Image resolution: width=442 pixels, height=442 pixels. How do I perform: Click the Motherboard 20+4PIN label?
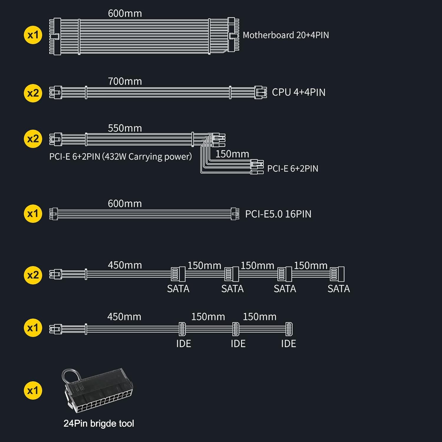[x=286, y=35]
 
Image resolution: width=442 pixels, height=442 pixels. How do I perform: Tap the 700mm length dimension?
[x=125, y=81]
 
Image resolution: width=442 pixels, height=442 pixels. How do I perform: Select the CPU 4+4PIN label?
[x=298, y=92]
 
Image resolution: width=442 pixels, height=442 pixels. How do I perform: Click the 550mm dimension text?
[x=125, y=128]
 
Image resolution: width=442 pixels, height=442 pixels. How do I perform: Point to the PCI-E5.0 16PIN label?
[x=278, y=214]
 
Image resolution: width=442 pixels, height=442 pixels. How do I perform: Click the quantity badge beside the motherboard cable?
[x=33, y=35]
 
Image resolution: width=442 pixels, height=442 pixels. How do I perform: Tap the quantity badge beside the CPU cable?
[x=33, y=93]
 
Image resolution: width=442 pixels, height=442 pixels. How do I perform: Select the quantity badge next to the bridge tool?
[x=33, y=391]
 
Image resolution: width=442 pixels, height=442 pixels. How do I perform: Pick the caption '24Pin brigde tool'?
[x=99, y=423]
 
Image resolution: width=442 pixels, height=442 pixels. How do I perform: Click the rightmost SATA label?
[x=339, y=289]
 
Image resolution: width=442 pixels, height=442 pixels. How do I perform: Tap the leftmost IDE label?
[x=184, y=344]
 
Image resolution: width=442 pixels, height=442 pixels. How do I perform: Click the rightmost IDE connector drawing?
[x=289, y=329]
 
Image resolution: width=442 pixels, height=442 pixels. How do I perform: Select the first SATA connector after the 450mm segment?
[x=178, y=274]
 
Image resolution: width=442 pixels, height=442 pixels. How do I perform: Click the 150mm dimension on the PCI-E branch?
[x=232, y=154]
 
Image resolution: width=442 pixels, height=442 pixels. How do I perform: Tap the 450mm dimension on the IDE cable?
[x=124, y=317]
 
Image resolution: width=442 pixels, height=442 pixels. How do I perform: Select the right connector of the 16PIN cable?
[x=235, y=214]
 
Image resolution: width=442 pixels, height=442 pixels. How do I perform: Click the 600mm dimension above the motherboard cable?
[x=125, y=14]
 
